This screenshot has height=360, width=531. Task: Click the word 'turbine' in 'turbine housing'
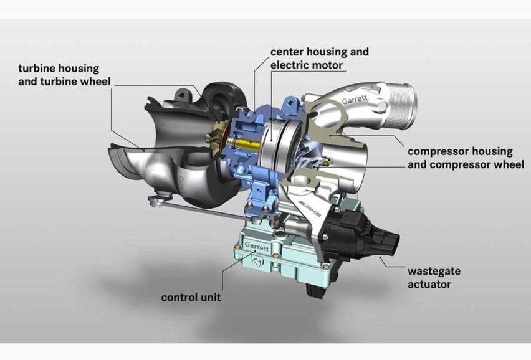pyautogui.click(x=36, y=68)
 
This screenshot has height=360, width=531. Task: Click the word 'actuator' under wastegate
pyautogui.click(x=429, y=285)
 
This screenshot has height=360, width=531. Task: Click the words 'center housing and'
pyautogui.click(x=320, y=52)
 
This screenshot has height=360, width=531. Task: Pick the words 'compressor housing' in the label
pyautogui.click(x=460, y=151)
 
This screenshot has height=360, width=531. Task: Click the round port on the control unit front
pyautogui.click(x=256, y=264)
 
